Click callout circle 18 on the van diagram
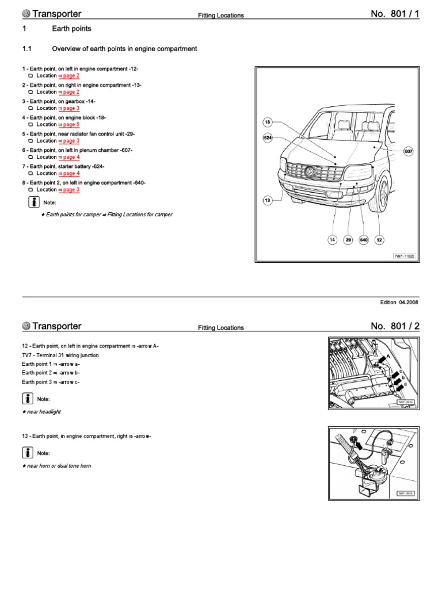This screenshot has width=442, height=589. (267, 122)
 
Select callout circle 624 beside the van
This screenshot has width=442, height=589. (267, 138)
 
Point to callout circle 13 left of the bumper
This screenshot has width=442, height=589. (267, 200)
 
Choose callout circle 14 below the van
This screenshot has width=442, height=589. (332, 240)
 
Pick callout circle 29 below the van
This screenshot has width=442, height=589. (348, 240)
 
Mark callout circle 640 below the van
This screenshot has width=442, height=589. (363, 240)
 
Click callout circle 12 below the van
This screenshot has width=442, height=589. (379, 240)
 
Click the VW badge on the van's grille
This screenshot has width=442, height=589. (310, 171)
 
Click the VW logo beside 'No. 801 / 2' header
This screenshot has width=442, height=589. (26, 326)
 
